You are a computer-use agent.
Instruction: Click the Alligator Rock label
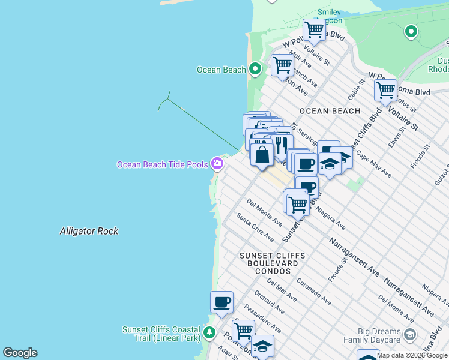(89, 231)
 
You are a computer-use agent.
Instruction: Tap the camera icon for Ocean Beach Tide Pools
(217, 164)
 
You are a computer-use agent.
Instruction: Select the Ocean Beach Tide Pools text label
(162, 164)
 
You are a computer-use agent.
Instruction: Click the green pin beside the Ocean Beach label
(255, 70)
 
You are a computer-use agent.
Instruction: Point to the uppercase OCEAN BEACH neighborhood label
(330, 111)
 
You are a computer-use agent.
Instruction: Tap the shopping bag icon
(262, 155)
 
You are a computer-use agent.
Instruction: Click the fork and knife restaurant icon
(281, 145)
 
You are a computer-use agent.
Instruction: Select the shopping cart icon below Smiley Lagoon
(314, 29)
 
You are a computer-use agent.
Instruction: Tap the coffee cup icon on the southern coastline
(221, 302)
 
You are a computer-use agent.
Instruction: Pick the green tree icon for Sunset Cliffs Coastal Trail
(209, 332)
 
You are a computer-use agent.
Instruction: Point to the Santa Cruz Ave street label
(255, 228)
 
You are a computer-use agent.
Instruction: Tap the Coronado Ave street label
(313, 290)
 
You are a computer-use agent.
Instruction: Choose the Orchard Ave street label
(267, 302)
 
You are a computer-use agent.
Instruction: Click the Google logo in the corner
(20, 353)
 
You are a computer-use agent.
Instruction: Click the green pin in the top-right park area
(411, 31)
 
